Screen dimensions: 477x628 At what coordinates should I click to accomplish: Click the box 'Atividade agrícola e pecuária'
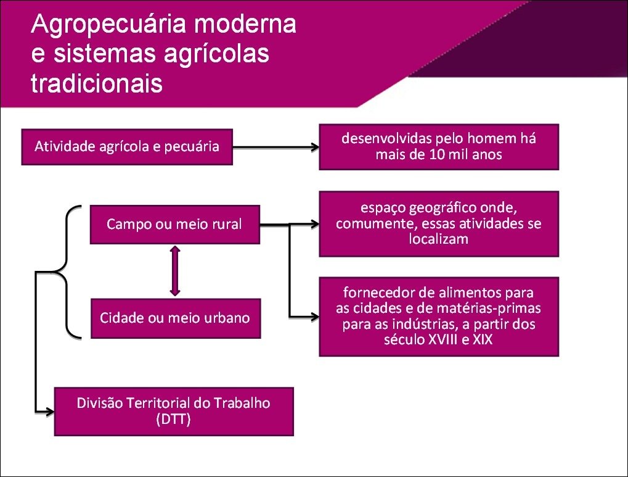[127, 147]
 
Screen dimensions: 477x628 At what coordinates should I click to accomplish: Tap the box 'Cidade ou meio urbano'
[175, 318]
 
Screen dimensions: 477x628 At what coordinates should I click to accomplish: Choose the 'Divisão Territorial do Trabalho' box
[174, 412]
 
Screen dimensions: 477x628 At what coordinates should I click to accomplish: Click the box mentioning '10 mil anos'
[439, 147]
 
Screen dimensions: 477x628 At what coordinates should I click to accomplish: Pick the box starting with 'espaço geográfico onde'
[439, 223]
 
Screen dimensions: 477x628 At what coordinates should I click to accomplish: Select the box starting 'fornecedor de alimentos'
[439, 316]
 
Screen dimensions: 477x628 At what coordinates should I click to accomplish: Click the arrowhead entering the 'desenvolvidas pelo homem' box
[314, 147]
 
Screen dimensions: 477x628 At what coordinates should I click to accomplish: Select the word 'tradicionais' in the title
[97, 83]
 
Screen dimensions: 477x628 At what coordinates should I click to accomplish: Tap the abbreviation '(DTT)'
[173, 420]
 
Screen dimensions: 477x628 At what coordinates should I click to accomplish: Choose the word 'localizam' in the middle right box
[439, 239]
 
